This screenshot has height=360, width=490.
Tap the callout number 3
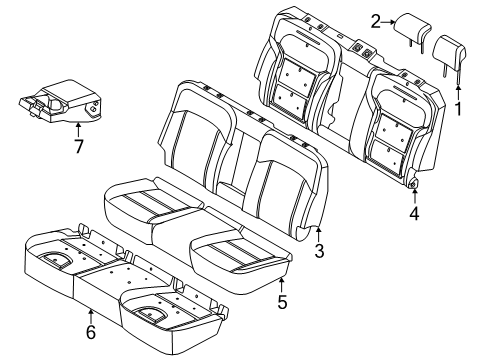(319, 252)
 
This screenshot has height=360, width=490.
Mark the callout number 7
(78, 147)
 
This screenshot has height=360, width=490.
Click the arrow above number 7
(78, 128)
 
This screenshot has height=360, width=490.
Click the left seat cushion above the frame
(145, 210)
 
